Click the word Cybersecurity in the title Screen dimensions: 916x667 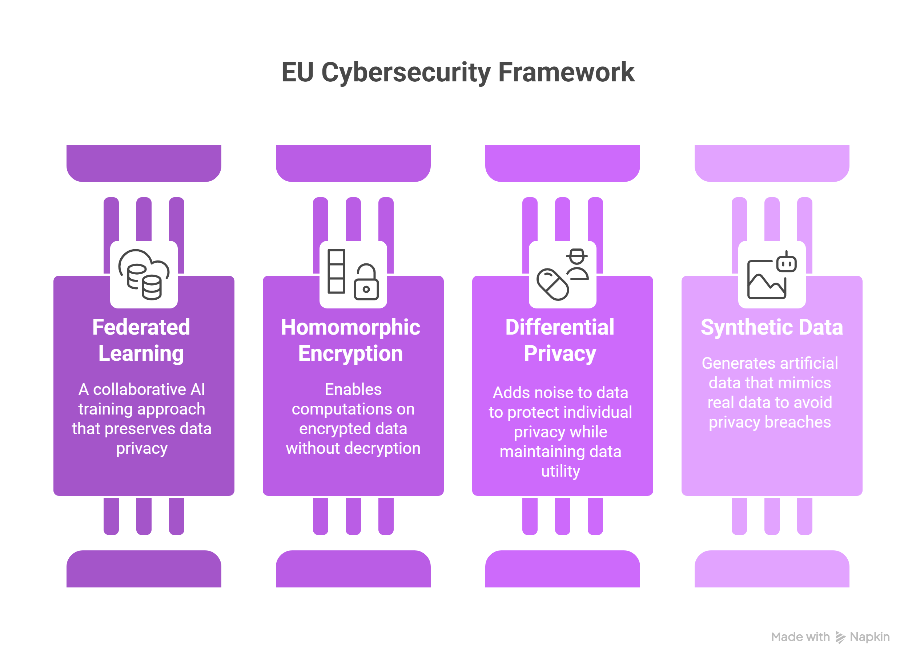(406, 73)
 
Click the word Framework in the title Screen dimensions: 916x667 (566, 72)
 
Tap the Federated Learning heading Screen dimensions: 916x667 (141, 340)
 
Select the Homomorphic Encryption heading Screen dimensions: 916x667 (350, 340)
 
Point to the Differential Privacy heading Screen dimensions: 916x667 (560, 340)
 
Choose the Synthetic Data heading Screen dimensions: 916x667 (772, 327)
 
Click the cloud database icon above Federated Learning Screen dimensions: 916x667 (144, 275)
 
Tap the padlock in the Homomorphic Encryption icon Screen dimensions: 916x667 (366, 282)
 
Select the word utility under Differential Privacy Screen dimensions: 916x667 (561, 471)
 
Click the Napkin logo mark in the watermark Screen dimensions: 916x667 (840, 637)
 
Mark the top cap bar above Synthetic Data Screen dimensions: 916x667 (772, 163)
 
